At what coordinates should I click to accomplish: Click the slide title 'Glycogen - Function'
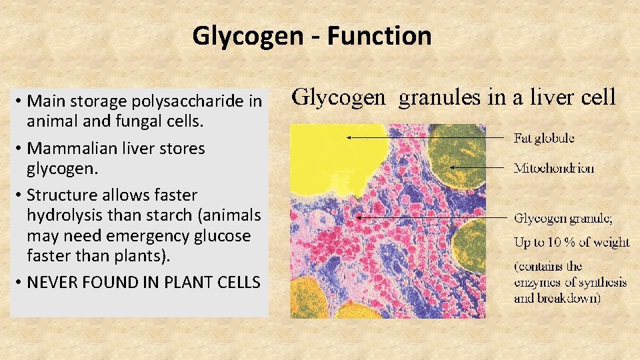(x=312, y=35)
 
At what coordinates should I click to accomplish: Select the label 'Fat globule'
(x=543, y=139)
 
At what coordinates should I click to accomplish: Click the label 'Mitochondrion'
(x=553, y=168)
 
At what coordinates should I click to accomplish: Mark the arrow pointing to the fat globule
(x=427, y=138)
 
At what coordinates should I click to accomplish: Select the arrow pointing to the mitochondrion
(x=477, y=167)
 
